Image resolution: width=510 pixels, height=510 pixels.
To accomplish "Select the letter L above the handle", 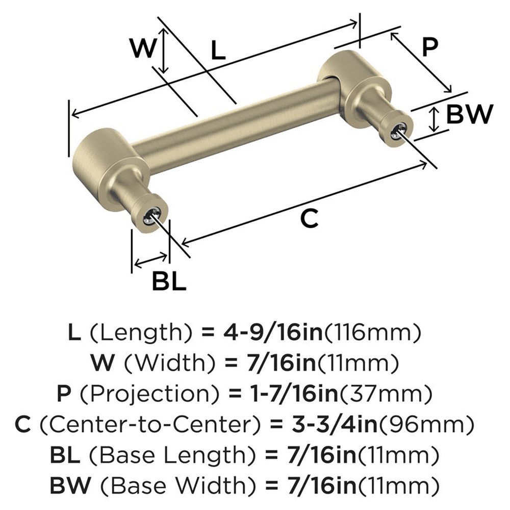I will (218, 51).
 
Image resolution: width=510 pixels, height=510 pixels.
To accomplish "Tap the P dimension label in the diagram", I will (429, 48).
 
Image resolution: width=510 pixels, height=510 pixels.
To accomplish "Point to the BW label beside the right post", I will (469, 115).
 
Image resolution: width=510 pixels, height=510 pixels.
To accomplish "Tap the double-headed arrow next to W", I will (164, 50).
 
